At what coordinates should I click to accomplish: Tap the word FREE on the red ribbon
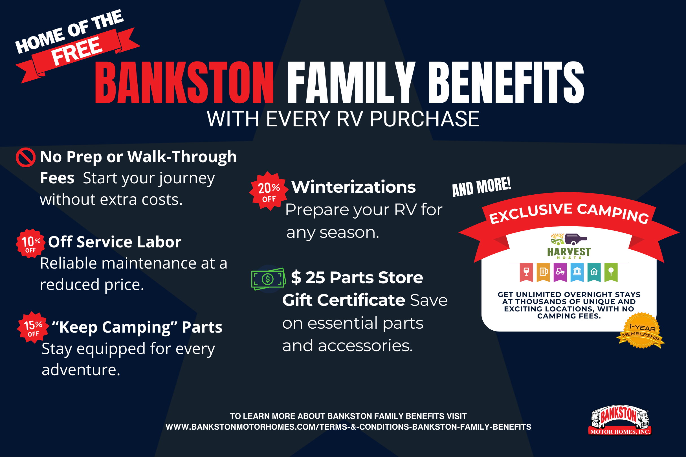(x=77, y=51)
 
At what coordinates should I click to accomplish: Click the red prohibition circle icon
(x=26, y=157)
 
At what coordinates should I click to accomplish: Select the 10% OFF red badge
(x=30, y=243)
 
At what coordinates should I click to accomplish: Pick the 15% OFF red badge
(x=33, y=327)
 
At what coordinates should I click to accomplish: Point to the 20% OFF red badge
(x=269, y=191)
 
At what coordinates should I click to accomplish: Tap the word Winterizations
(x=353, y=187)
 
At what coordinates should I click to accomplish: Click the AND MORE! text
(x=481, y=186)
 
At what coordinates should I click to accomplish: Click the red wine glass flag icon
(x=526, y=272)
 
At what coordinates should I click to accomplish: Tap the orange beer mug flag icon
(x=543, y=272)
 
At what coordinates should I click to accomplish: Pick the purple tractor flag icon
(x=560, y=272)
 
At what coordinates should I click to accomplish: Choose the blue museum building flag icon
(x=577, y=272)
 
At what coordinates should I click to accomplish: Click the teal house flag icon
(x=594, y=272)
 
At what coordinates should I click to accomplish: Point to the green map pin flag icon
(x=611, y=272)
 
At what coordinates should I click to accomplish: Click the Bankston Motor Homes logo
(x=620, y=420)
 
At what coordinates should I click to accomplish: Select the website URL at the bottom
(x=348, y=427)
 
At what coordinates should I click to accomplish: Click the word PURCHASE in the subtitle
(x=424, y=119)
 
